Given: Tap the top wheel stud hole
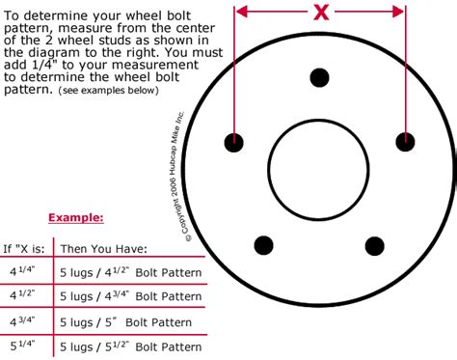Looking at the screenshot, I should point(319,77).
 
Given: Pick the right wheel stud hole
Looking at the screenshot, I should point(405,141).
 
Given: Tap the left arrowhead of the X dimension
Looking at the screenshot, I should point(240,13).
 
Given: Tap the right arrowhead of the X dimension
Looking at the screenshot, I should point(397,13).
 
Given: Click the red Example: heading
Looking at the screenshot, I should point(75,218).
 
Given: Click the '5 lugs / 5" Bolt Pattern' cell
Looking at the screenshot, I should point(120,321).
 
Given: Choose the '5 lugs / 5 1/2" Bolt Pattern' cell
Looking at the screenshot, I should point(131,346).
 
